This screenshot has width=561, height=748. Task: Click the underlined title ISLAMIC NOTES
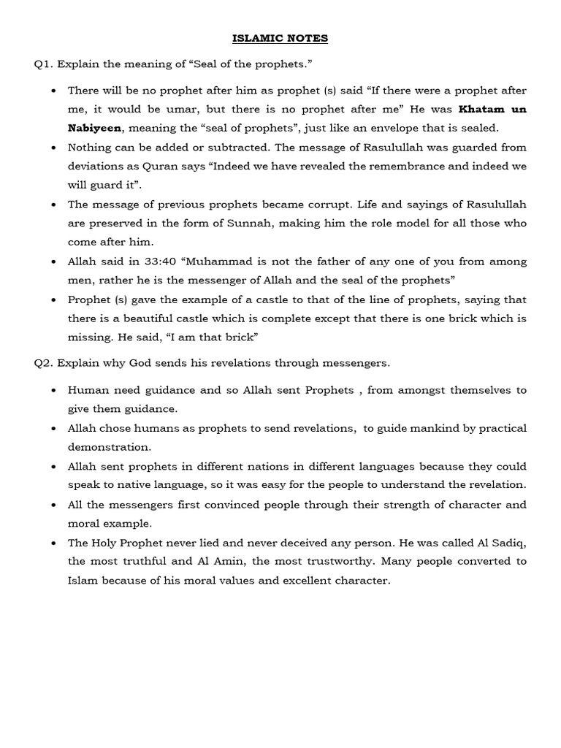tap(280, 38)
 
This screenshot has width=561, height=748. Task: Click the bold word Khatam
tap(482, 110)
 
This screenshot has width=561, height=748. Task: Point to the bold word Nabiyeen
tap(94, 129)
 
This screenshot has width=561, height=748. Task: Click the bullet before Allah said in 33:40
tap(55, 262)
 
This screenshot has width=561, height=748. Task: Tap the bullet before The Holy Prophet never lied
tap(55, 542)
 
